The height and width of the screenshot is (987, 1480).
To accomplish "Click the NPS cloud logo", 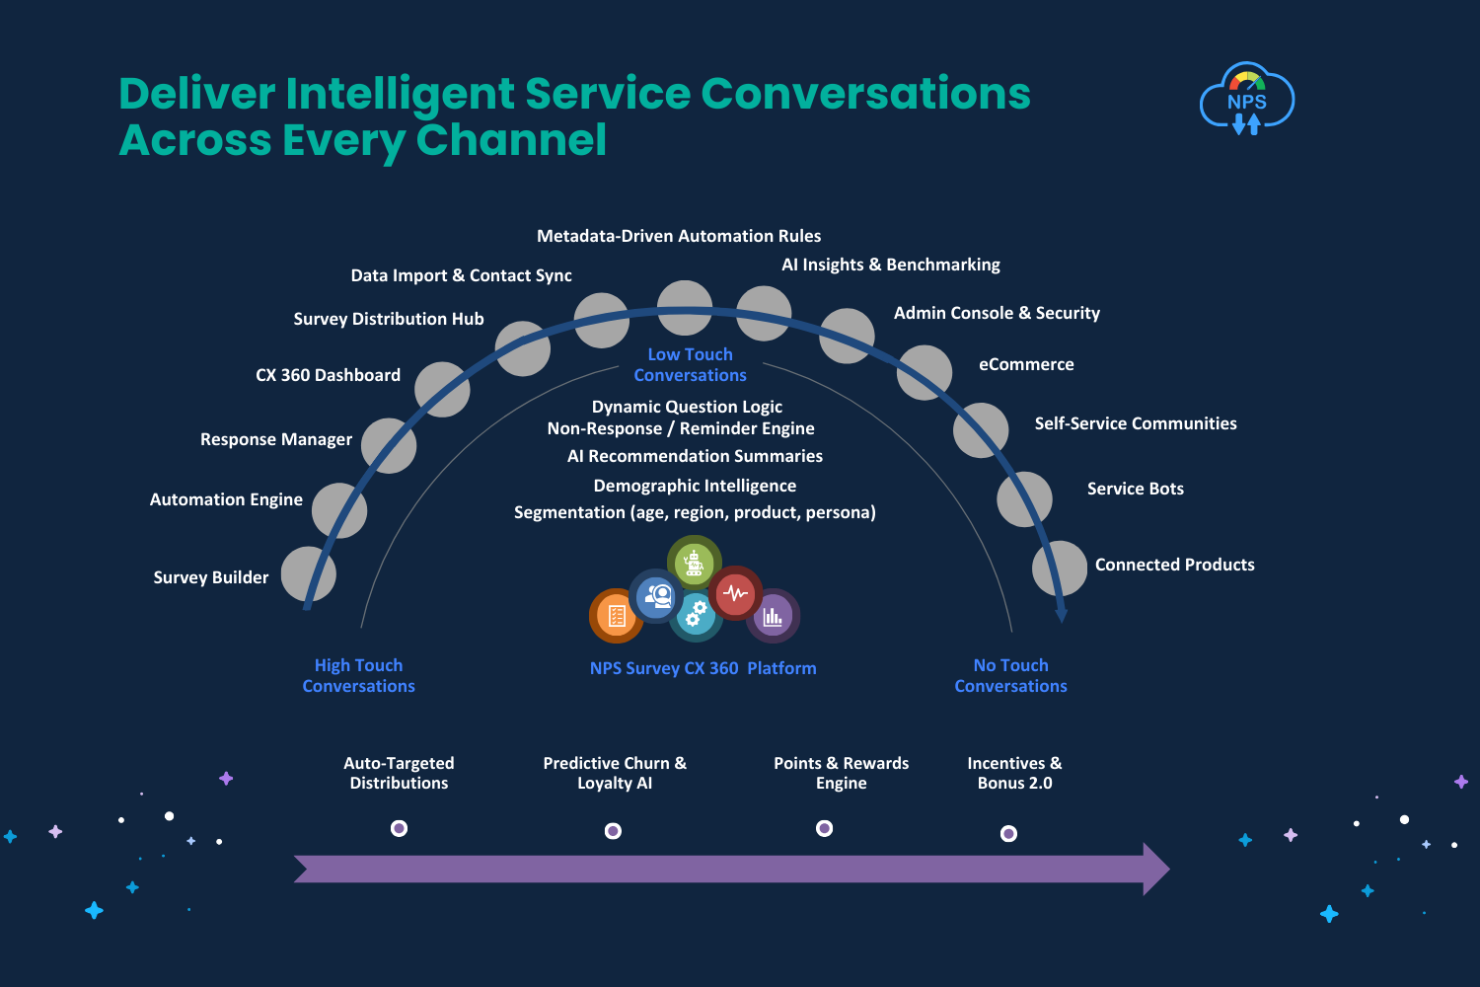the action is pyautogui.click(x=1247, y=99).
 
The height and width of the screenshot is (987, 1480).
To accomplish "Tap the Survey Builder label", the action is pyautogui.click(x=211, y=577).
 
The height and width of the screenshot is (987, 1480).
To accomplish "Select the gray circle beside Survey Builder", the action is pyautogui.click(x=309, y=573).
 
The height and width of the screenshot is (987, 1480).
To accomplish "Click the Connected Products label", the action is pyautogui.click(x=1175, y=565).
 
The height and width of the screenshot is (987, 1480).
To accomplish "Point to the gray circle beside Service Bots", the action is pyautogui.click(x=1024, y=499).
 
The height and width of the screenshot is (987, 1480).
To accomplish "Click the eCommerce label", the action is pyautogui.click(x=1026, y=364).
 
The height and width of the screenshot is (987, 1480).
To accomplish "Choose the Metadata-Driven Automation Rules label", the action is pyautogui.click(x=679, y=236).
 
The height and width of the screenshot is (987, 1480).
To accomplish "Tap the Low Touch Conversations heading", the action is pyautogui.click(x=690, y=364).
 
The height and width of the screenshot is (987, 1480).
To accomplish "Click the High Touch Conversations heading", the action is pyautogui.click(x=359, y=675).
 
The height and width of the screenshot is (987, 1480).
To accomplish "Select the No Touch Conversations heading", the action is pyautogui.click(x=1011, y=675).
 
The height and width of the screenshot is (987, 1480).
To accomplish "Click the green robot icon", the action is pyautogui.click(x=694, y=563).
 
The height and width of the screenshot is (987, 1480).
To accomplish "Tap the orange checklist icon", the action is pyautogui.click(x=616, y=616).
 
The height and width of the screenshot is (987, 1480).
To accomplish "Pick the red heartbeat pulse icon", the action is pyautogui.click(x=735, y=593).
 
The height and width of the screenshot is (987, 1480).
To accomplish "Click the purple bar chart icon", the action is pyautogui.click(x=773, y=616).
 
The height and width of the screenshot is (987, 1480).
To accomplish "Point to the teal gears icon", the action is pyautogui.click(x=695, y=615).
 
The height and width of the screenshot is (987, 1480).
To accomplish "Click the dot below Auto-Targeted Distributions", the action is pyautogui.click(x=399, y=828).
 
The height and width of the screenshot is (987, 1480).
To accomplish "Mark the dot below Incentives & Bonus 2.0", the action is pyautogui.click(x=1008, y=834).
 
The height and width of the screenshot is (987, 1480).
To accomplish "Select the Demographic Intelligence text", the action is pyautogui.click(x=695, y=486).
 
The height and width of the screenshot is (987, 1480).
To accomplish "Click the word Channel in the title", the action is pyautogui.click(x=511, y=140).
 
